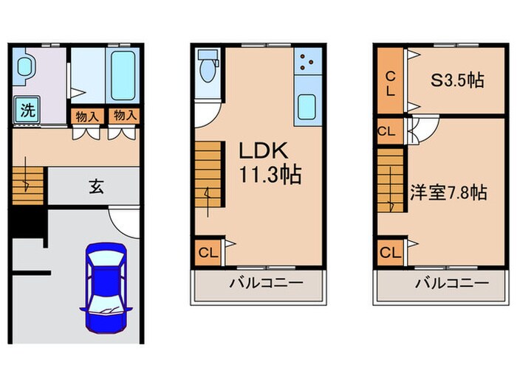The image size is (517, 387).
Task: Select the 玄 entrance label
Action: (x=97, y=186)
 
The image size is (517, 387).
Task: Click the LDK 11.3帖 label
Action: (x=268, y=162)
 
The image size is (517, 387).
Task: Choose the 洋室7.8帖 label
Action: (x=448, y=192)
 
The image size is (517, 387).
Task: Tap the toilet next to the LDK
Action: (x=208, y=69)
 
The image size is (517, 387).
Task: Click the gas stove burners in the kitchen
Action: (x=307, y=62)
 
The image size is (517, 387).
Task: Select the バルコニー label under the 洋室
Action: (x=451, y=284)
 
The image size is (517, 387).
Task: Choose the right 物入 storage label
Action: (x=123, y=115)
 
